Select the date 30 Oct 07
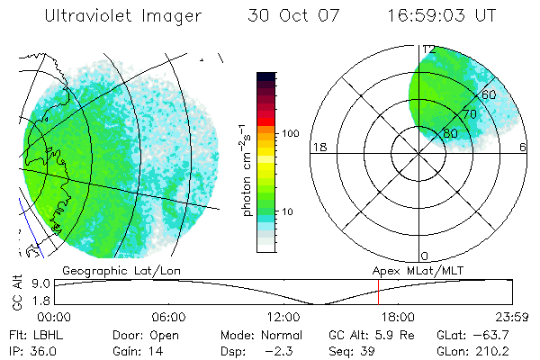tap(296, 16)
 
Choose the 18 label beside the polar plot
tap(318, 148)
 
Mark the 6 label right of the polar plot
tap(524, 148)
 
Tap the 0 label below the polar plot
tap(426, 256)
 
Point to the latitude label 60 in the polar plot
tap(490, 94)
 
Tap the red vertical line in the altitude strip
tap(379, 292)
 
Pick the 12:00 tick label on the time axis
tap(283, 317)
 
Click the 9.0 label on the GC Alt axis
tap(38, 283)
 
